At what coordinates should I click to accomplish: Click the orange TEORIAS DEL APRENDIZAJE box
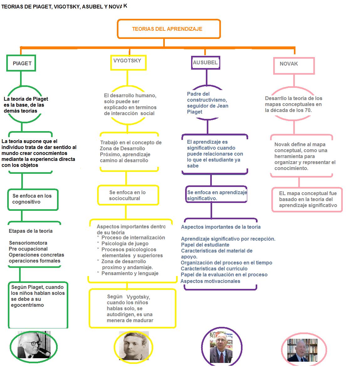click(169, 29)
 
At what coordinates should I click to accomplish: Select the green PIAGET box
click(21, 63)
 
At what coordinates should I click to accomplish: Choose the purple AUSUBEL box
click(206, 63)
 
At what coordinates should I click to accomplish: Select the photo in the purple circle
click(221, 347)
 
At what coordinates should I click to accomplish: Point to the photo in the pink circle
click(302, 350)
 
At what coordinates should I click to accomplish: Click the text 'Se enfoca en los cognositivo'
click(32, 199)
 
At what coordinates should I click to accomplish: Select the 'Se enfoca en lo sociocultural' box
click(128, 195)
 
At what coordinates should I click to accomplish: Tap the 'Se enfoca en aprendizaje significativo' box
click(217, 195)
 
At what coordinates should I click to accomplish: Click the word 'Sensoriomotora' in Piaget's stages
click(28, 243)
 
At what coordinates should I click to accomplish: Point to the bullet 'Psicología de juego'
click(125, 243)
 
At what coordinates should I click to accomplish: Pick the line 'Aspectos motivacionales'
click(211, 281)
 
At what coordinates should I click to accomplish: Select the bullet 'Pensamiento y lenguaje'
click(130, 273)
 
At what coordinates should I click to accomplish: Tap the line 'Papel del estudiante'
click(205, 245)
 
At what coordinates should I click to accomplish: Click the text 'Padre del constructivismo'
click(207, 97)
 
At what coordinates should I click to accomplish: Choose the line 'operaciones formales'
click(34, 261)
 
